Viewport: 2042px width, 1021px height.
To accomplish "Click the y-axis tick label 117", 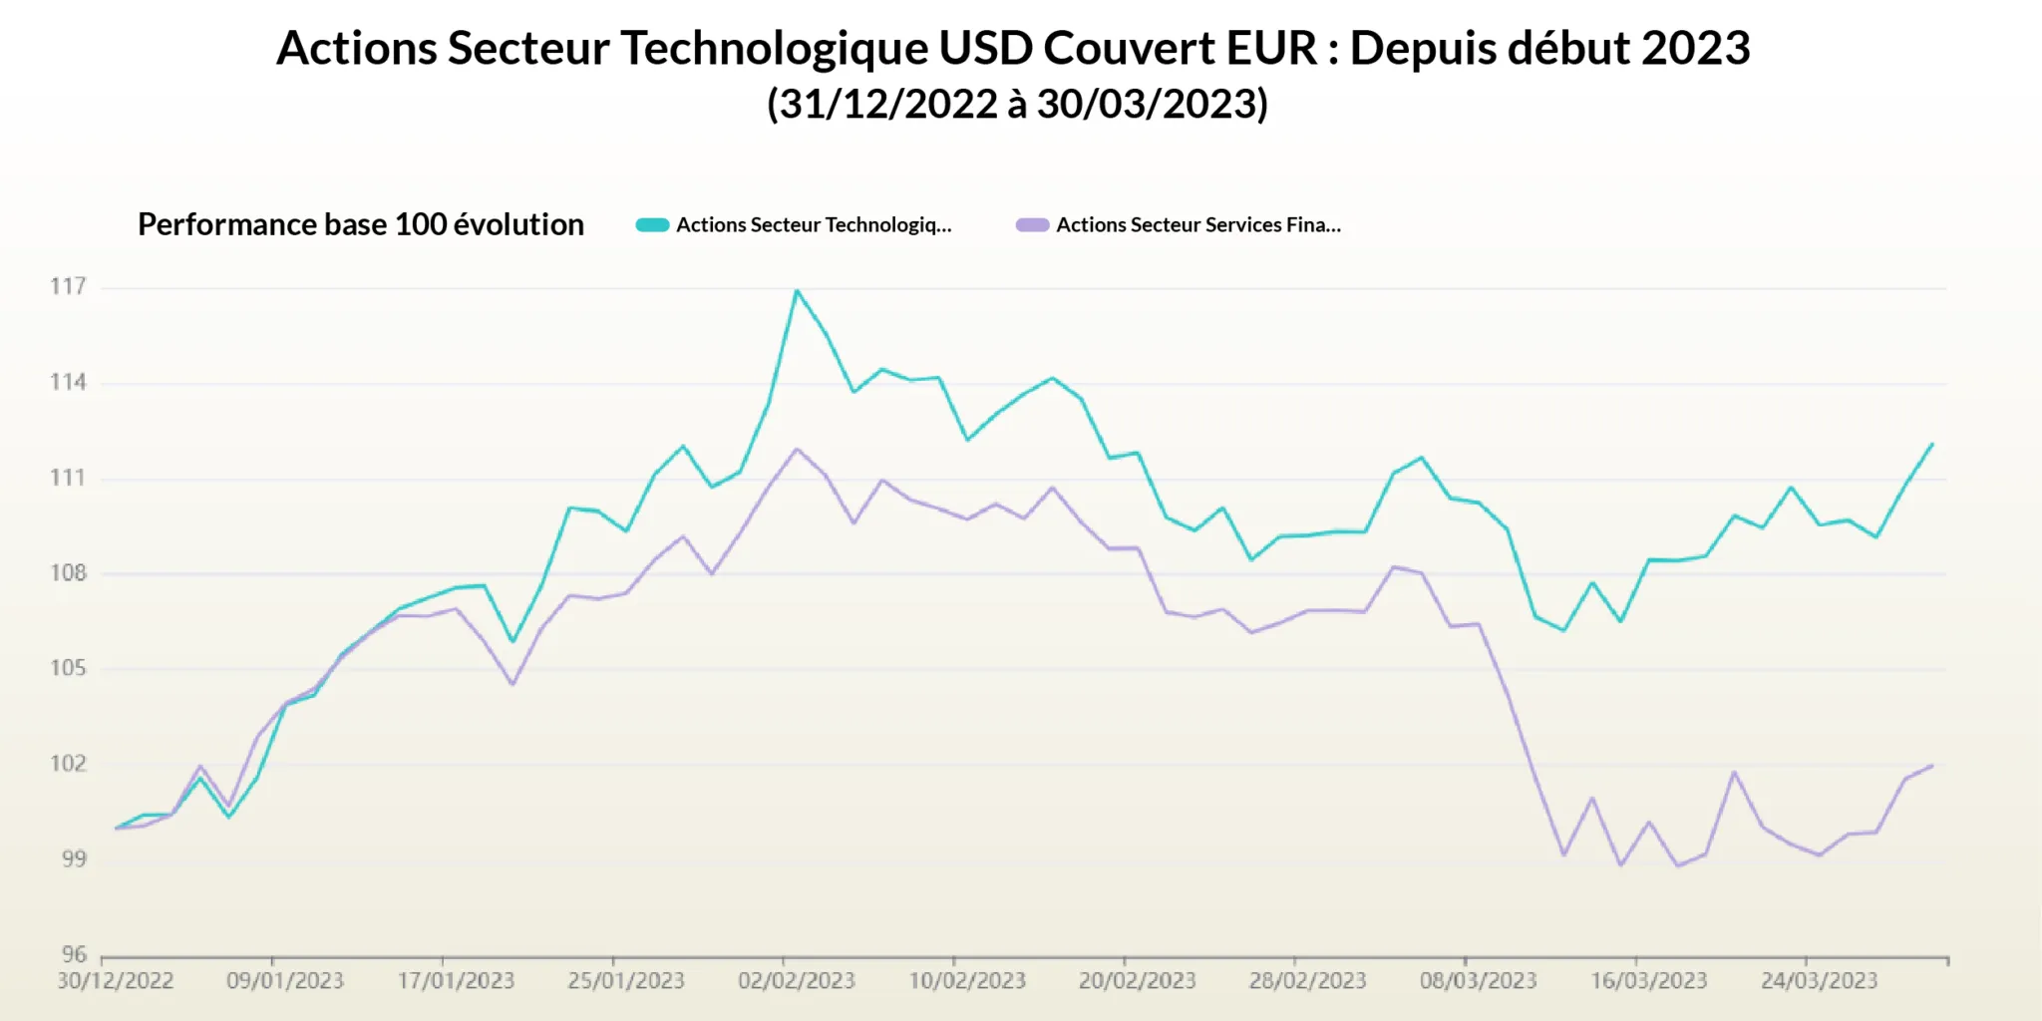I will coord(68,287).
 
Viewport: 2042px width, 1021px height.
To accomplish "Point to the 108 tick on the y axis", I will coord(68,573).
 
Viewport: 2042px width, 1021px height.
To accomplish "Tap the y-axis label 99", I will coord(73,858).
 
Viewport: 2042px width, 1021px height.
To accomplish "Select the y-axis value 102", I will coord(68,764).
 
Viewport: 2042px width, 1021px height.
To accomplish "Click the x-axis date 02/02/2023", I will coord(796,981).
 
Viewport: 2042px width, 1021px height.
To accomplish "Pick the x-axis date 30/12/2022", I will coord(115,981).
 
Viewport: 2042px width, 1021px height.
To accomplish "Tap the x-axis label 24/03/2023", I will coord(1819,981).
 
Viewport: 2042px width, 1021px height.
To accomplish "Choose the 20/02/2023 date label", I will coord(1137,981).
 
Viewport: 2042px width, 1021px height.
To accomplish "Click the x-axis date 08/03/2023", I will coord(1478,981).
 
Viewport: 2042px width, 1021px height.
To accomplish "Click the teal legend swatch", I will coord(652,225).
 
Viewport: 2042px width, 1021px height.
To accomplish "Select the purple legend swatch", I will coord(1032,225).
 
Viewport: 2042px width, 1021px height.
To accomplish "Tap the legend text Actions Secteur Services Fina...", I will coord(1197,225).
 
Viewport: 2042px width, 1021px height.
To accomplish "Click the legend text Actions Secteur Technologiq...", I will coord(814,225).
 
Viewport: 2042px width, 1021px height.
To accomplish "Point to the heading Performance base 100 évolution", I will coord(360,224).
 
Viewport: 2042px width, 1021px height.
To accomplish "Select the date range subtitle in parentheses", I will coord(1017,104).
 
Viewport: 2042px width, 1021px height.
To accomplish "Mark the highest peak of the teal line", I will coord(796,290).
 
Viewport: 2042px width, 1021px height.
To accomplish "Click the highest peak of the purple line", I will coord(796,449).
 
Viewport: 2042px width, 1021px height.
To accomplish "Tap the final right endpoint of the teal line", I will coord(1932,444).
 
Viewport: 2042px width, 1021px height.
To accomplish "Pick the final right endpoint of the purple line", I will coord(1932,766).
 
